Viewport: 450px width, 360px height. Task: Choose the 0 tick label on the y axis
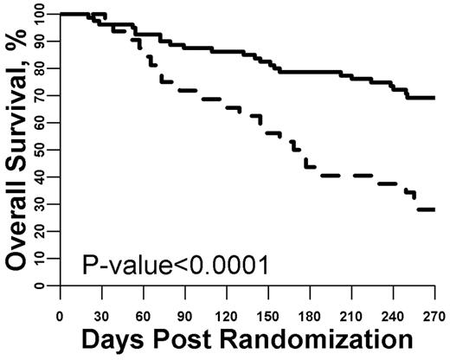click(x=44, y=285)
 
